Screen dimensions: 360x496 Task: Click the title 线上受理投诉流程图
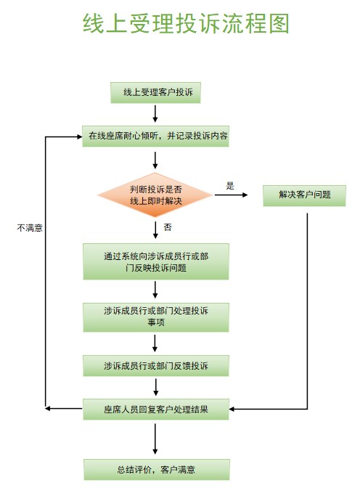tap(186, 23)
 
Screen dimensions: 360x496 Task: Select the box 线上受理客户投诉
tap(155, 92)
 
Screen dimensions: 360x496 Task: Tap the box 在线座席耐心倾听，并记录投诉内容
tap(155, 136)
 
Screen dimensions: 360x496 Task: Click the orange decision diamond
tap(155, 195)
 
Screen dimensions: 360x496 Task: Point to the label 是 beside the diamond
tap(230, 186)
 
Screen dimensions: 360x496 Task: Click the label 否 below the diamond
tap(168, 227)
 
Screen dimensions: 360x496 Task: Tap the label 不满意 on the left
tap(30, 228)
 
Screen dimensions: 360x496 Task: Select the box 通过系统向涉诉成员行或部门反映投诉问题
tap(156, 261)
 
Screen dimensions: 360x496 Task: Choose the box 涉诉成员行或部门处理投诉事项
tap(156, 317)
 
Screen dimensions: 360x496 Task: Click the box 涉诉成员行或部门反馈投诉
tap(156, 366)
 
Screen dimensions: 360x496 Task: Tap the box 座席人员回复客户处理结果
tap(156, 410)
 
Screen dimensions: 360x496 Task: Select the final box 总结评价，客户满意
tap(157, 469)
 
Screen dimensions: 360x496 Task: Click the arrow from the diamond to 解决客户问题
tap(231, 195)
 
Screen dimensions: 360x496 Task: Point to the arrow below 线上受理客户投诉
tap(155, 114)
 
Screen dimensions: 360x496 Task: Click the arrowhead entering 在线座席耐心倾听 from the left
tap(80, 137)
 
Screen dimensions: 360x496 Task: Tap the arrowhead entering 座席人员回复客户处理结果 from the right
tap(232, 409)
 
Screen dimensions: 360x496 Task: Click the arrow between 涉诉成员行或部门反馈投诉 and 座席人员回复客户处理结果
tap(156, 387)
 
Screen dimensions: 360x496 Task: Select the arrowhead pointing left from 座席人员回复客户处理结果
tap(48, 408)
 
